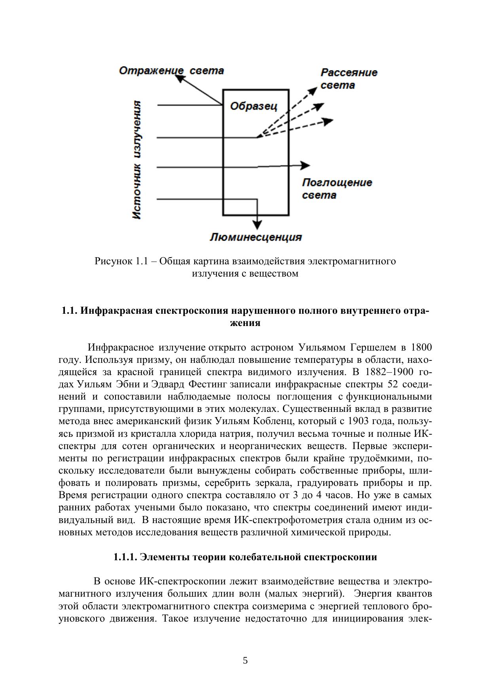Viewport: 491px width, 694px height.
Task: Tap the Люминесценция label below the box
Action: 256,237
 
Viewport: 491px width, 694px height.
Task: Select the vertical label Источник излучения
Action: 136,160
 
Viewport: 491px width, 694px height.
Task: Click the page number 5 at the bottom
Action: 245,660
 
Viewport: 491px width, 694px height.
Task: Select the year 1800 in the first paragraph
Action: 421,347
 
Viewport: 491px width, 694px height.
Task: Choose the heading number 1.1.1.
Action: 125,557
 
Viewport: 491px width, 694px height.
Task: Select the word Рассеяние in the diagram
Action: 349,73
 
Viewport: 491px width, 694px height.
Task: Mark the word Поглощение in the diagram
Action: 337,183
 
